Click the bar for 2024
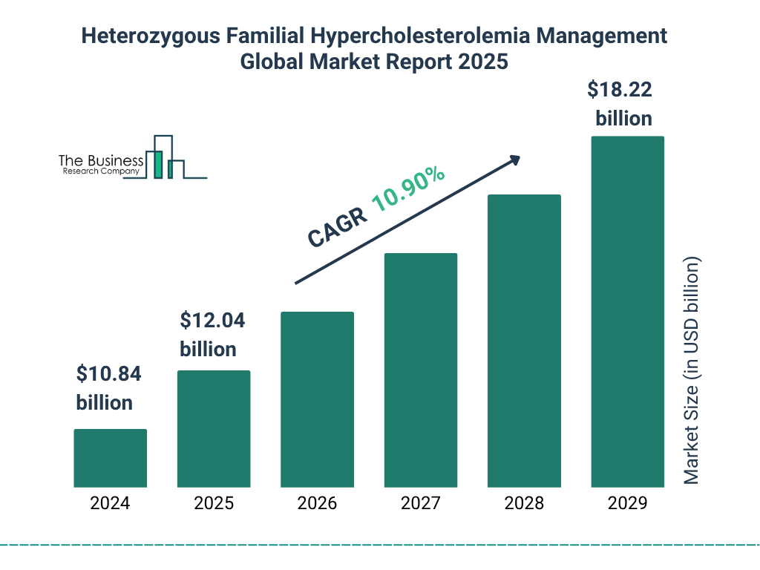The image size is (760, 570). click(x=110, y=458)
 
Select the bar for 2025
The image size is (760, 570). click(x=214, y=428)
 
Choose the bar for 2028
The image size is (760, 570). click(x=524, y=341)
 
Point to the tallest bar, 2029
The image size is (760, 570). click(x=627, y=312)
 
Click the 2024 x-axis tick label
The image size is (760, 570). click(x=110, y=503)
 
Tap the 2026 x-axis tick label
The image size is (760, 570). click(x=317, y=503)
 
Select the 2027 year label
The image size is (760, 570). click(x=420, y=503)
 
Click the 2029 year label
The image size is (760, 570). click(x=627, y=503)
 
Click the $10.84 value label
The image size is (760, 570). click(x=108, y=374)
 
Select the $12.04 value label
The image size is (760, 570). click(x=212, y=321)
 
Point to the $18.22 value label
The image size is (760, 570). click(x=620, y=90)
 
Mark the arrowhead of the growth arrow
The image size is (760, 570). click(x=514, y=160)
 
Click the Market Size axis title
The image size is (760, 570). click(x=692, y=371)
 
